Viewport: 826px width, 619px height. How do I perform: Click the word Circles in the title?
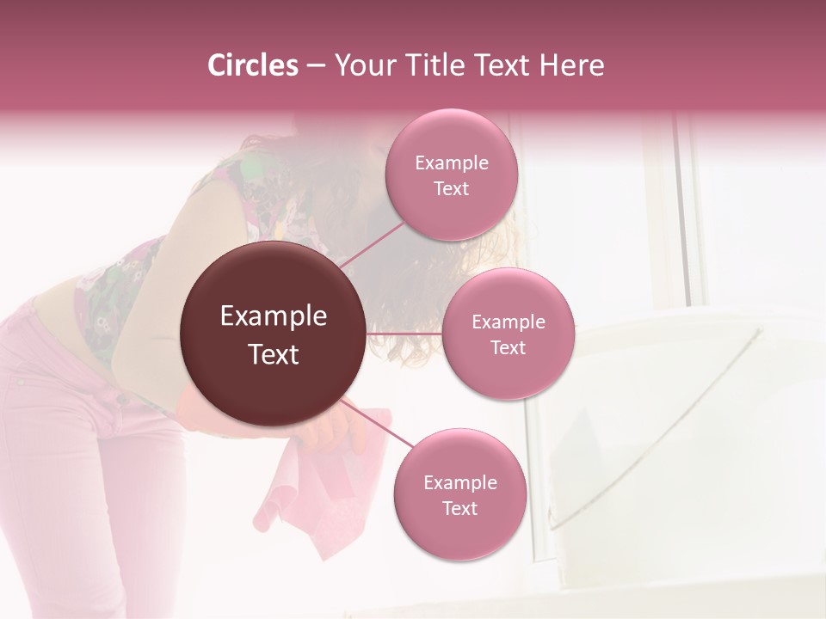pos(252,65)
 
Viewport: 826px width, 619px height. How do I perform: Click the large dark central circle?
pos(273,334)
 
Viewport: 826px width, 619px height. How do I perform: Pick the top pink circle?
pos(451,175)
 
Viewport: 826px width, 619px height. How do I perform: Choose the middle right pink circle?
pos(508,334)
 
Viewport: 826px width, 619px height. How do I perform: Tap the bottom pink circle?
pos(459,494)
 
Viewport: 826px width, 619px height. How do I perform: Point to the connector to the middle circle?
pos(404,333)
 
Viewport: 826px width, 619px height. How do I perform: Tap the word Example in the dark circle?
pos(273,316)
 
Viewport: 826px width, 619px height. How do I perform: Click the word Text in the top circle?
pos(451,188)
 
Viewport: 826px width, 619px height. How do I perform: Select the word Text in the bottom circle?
pos(459,508)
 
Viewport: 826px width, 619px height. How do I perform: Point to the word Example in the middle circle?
pos(508,322)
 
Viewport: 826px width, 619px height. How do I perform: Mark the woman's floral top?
pos(120,292)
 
